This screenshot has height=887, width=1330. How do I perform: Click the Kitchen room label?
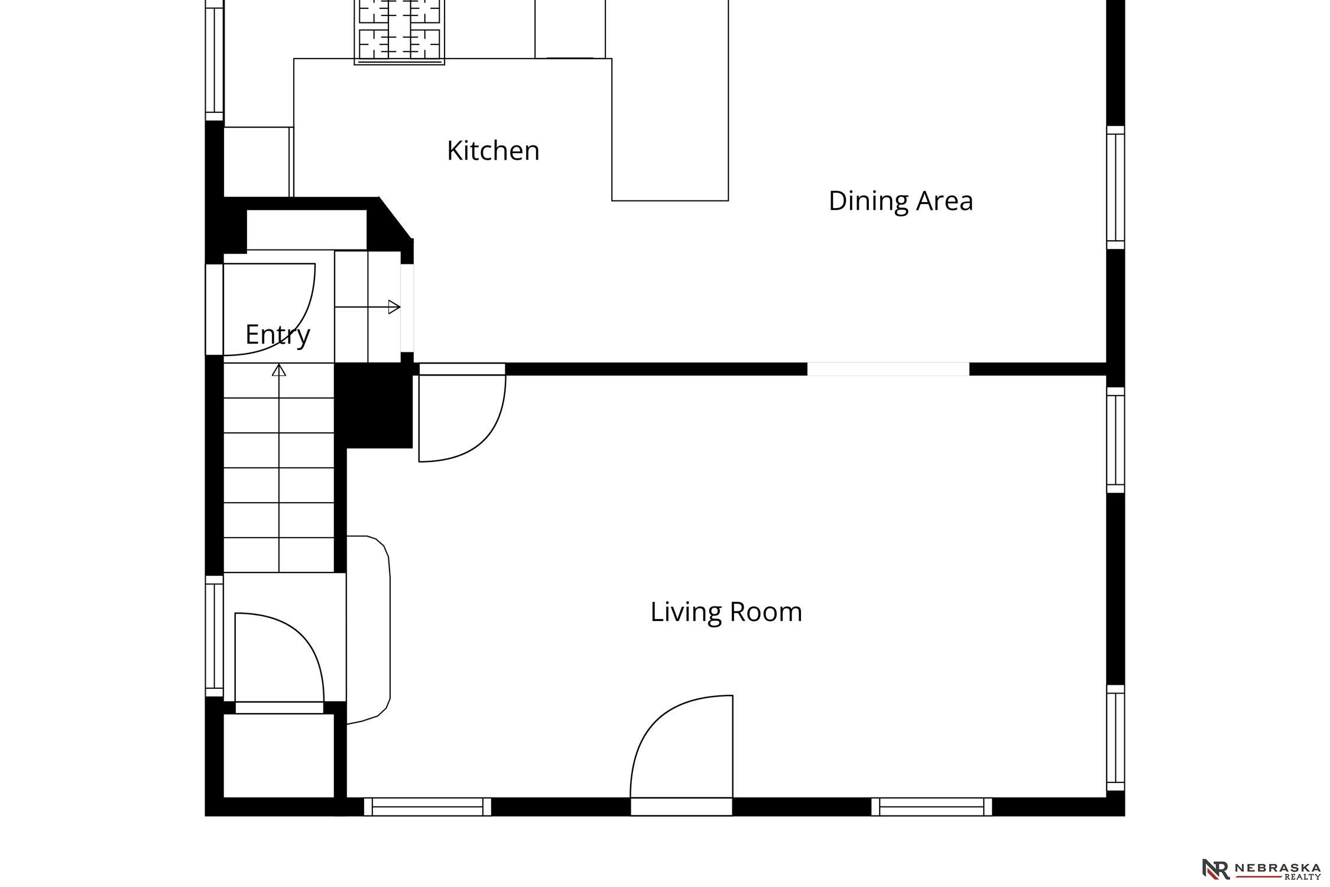[x=493, y=151]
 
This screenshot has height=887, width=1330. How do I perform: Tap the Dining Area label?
[x=900, y=201]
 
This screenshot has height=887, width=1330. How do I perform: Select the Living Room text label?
[x=726, y=613]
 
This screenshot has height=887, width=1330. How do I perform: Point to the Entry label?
[x=277, y=335]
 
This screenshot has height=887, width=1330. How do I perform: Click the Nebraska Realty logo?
[x=1261, y=869]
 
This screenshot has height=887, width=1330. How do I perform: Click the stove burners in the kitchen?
[x=399, y=31]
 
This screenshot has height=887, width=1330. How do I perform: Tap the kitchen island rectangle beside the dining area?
[x=670, y=101]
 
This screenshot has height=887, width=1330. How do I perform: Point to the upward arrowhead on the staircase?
[x=279, y=370]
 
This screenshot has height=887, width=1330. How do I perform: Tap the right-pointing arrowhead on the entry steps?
[x=394, y=307]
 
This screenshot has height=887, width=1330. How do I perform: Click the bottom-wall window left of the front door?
[x=427, y=807]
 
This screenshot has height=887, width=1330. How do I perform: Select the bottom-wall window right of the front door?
[x=932, y=807]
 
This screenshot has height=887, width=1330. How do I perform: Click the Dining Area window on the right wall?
[x=1115, y=187]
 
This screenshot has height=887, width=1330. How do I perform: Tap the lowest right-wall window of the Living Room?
[x=1115, y=737]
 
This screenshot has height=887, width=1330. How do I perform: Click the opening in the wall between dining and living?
[x=888, y=369]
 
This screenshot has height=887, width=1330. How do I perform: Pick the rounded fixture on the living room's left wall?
[x=368, y=630]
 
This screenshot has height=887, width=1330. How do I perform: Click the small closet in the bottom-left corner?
[x=279, y=756]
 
